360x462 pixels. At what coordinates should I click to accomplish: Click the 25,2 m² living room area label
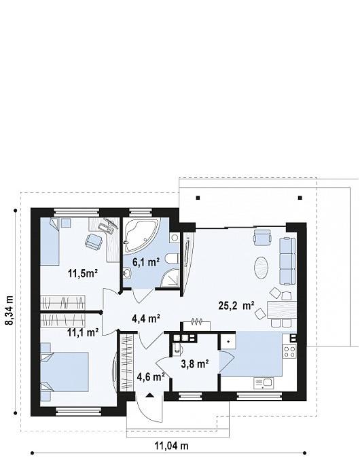236,305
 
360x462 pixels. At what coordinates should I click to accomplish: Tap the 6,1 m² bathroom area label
146,262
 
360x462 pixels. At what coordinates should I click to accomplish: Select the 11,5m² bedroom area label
83,273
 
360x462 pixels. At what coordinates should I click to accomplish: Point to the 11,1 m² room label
83,333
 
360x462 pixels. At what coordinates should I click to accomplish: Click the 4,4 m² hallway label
146,318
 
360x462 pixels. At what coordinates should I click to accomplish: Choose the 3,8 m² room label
195,364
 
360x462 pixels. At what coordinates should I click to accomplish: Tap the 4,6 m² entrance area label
151,377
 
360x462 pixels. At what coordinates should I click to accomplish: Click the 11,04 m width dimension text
171,446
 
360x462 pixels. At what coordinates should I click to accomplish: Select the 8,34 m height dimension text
10,310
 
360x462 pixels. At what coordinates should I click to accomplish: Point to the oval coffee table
261,268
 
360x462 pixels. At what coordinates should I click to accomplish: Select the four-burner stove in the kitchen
289,351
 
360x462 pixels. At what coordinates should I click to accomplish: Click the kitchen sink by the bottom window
264,383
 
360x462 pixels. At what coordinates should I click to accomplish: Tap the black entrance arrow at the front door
149,395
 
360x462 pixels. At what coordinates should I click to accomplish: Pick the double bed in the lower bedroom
65,372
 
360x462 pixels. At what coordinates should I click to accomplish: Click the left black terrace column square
198,198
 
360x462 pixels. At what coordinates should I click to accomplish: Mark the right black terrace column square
300,198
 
